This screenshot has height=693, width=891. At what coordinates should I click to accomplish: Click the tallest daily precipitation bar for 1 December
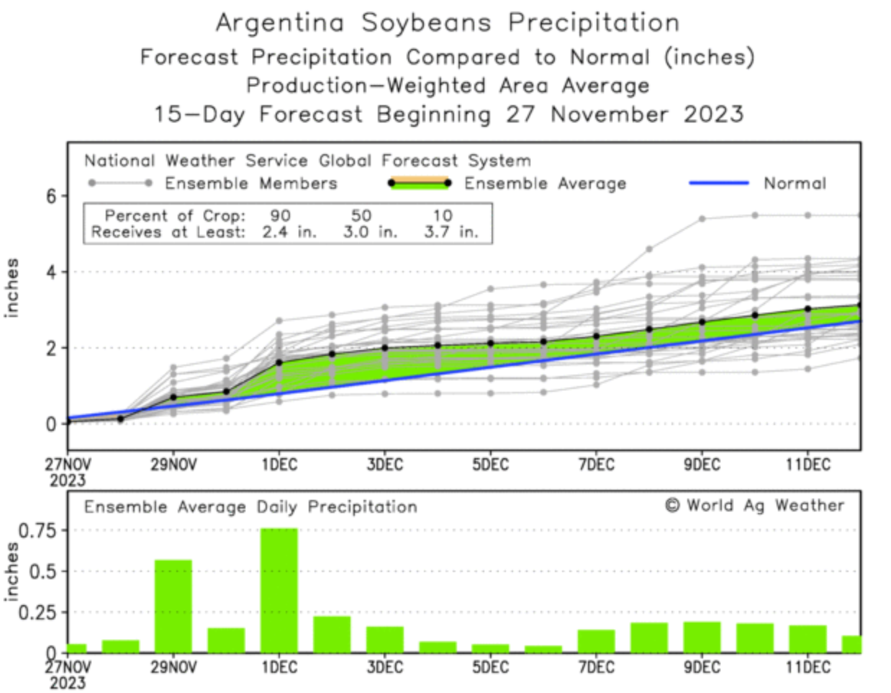pyautogui.click(x=279, y=591)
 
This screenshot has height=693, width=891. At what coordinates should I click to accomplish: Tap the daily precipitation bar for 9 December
pyautogui.click(x=702, y=637)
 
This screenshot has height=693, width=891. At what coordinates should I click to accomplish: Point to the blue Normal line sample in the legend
pyautogui.click(x=718, y=183)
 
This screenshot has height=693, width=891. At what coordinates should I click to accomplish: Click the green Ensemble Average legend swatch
pyautogui.click(x=418, y=184)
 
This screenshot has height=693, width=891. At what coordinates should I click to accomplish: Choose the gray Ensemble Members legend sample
pyautogui.click(x=119, y=183)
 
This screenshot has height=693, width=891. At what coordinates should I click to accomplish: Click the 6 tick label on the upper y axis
pyautogui.click(x=51, y=196)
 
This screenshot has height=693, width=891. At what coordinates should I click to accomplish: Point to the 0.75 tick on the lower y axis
pyautogui.click(x=37, y=531)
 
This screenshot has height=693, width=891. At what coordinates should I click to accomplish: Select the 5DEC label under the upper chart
pyautogui.click(x=490, y=465)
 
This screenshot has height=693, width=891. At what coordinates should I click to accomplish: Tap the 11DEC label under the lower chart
pyautogui.click(x=808, y=666)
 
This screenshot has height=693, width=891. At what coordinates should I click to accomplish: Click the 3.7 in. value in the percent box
pyautogui.click(x=451, y=232)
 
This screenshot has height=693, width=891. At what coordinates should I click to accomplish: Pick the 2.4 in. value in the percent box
pyautogui.click(x=289, y=232)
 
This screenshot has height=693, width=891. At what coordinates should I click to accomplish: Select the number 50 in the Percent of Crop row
pyautogui.click(x=361, y=215)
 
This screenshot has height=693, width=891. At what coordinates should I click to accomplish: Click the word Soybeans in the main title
pyautogui.click(x=426, y=23)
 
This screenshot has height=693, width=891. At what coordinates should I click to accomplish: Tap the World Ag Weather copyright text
pyautogui.click(x=754, y=506)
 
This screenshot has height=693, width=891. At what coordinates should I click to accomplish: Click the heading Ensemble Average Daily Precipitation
pyautogui.click(x=250, y=507)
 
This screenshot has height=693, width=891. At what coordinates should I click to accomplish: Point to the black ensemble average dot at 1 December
pyautogui.click(x=279, y=362)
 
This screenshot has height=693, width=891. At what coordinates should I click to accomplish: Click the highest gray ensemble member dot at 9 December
pyautogui.click(x=702, y=218)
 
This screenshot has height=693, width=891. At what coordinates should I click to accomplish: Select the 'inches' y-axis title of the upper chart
pyautogui.click(x=12, y=288)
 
